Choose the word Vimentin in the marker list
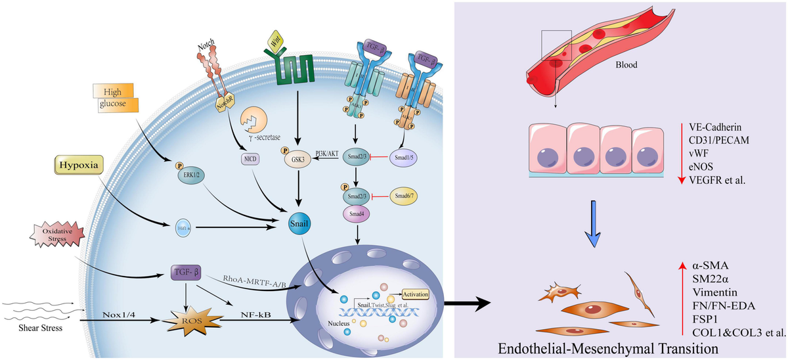point(712,292)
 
